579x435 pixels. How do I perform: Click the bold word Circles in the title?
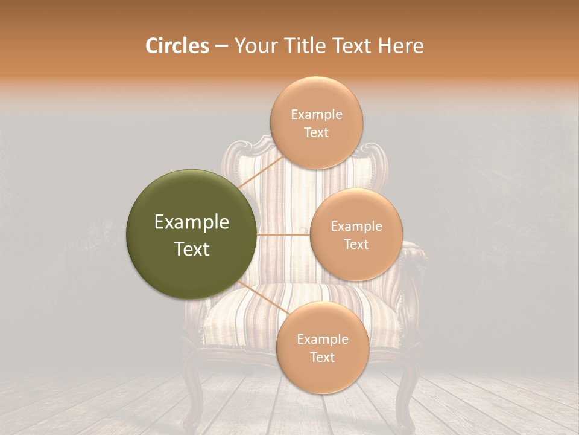click(x=177, y=46)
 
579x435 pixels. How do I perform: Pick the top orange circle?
click(x=316, y=97)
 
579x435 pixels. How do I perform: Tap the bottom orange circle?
click(x=322, y=375)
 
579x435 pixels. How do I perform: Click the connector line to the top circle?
click(x=260, y=173)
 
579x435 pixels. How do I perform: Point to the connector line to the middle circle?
click(x=283, y=234)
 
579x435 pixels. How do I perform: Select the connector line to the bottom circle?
click(x=261, y=297)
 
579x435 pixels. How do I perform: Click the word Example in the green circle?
click(x=192, y=222)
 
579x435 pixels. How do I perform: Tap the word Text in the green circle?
click(x=192, y=249)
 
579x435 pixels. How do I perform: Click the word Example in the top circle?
click(x=316, y=115)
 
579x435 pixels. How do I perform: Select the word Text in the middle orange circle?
click(x=356, y=244)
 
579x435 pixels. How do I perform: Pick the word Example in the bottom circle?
click(x=322, y=340)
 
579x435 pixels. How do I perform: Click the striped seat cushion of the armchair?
click(x=241, y=320)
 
